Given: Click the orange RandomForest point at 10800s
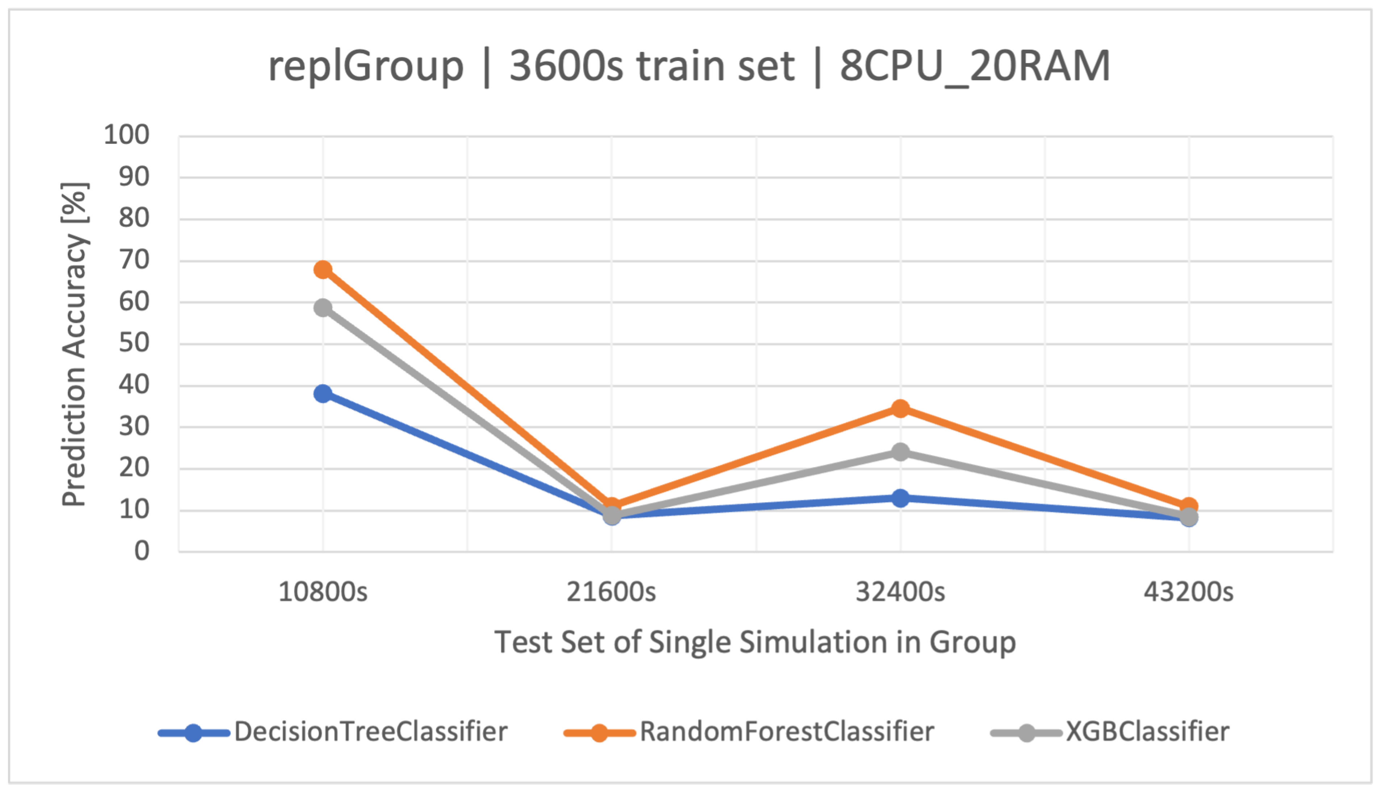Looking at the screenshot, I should tap(323, 270).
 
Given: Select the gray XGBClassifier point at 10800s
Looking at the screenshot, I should tap(323, 308).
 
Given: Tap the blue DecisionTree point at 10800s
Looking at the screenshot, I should tap(323, 393).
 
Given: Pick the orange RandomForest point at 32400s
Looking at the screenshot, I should tap(900, 408).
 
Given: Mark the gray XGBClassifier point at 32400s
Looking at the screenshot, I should tap(900, 452).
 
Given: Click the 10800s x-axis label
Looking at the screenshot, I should tap(323, 592).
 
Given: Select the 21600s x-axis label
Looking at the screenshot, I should tap(611, 592).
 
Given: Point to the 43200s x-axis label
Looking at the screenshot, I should tap(1188, 592).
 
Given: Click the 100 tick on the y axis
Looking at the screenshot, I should tap(126, 135).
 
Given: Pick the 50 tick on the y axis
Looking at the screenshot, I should tap(134, 343).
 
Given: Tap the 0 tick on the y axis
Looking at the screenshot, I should tap(142, 551).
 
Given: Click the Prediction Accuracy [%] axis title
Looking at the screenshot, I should tap(74, 344).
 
